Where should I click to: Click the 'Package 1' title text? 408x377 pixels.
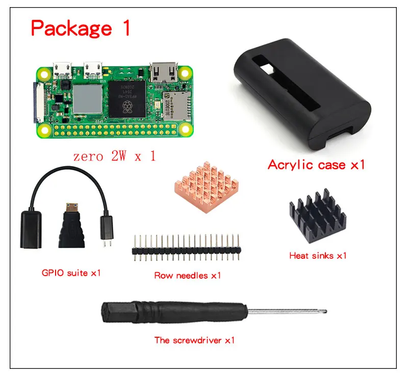pyautogui.click(x=81, y=28)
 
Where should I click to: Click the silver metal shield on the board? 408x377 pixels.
pyautogui.click(x=87, y=98)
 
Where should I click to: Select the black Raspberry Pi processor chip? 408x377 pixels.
pyautogui.click(x=128, y=99)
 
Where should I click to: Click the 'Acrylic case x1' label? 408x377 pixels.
pyautogui.click(x=316, y=165)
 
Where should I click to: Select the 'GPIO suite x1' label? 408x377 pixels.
pyautogui.click(x=71, y=273)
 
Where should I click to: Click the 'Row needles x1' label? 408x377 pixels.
pyautogui.click(x=188, y=276)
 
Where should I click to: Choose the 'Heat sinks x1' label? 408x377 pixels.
pyautogui.click(x=317, y=255)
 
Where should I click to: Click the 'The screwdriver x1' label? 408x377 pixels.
pyautogui.click(x=194, y=340)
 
